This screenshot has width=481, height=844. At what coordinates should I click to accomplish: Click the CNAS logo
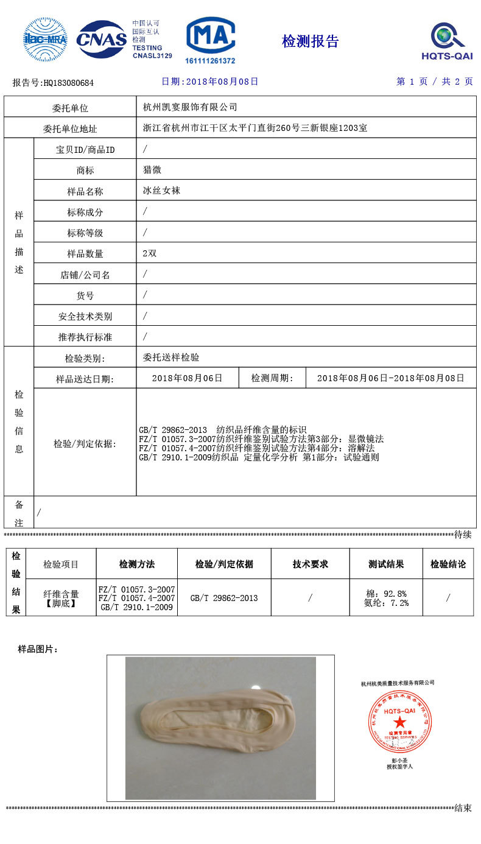click(101, 40)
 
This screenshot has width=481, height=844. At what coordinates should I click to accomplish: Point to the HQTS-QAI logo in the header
click(447, 41)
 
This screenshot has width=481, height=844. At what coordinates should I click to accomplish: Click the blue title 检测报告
click(310, 41)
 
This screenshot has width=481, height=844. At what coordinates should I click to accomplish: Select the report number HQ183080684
click(69, 83)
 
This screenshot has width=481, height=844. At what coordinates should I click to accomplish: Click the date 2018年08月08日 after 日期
click(222, 82)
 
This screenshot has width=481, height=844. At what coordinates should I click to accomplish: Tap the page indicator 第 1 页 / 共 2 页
click(434, 82)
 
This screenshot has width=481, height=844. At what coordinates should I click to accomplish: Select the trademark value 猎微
click(152, 170)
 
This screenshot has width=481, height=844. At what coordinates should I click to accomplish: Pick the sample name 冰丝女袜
click(161, 191)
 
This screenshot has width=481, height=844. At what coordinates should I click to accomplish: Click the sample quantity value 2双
click(149, 253)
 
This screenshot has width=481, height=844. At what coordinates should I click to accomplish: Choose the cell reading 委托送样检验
click(171, 357)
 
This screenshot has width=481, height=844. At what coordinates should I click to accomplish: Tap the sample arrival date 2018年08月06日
click(187, 378)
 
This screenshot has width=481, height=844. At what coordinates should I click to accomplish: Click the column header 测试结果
click(385, 564)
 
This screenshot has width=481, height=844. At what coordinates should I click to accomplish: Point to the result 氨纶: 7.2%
click(386, 603)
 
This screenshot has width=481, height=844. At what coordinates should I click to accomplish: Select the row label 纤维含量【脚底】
click(61, 598)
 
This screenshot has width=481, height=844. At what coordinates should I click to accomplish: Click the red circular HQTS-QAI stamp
click(399, 721)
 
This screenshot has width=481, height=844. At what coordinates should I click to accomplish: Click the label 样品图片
click(38, 650)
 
